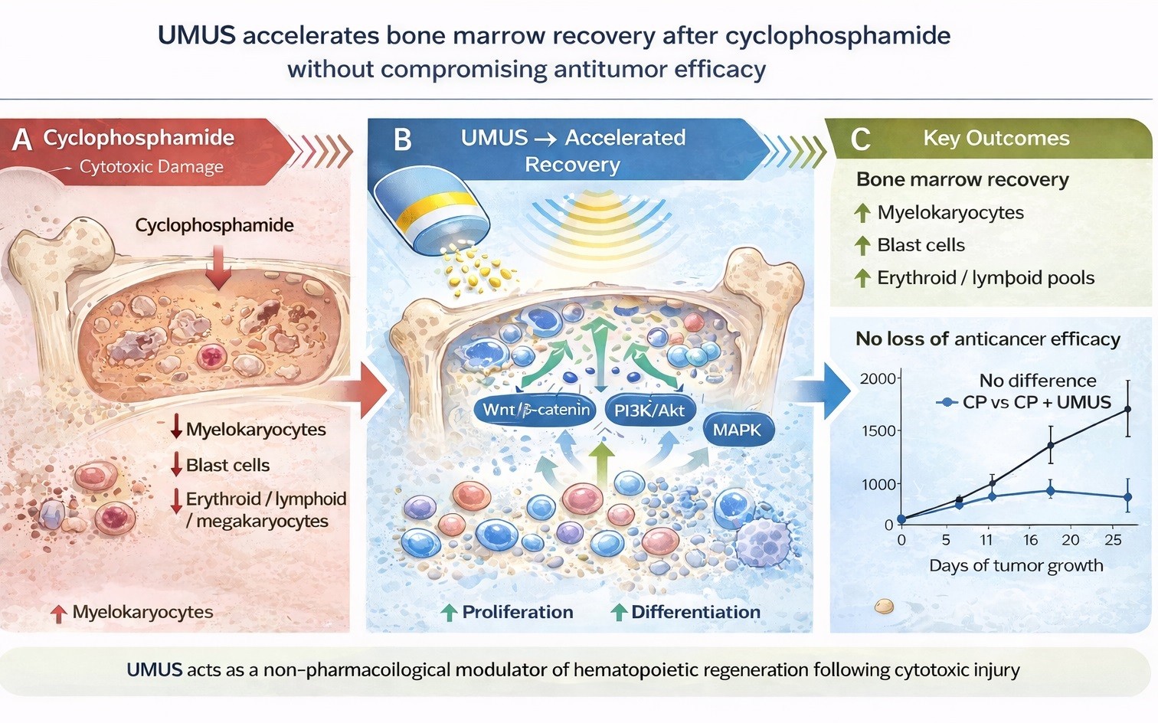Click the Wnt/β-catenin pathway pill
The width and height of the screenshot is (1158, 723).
tap(536, 410)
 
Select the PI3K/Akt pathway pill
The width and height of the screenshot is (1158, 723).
tap(649, 411)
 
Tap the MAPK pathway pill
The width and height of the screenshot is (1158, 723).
tap(737, 430)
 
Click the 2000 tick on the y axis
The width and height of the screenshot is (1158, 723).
tap(878, 378)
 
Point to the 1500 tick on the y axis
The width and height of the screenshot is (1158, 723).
tap(878, 431)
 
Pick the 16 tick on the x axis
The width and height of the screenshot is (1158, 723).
tap(1030, 540)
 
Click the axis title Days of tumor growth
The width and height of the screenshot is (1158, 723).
tap(1016, 566)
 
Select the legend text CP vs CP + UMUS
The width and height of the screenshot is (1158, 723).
tap(1036, 402)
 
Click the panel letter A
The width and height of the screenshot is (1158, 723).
tap(22, 140)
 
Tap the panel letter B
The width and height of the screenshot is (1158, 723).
tap(402, 140)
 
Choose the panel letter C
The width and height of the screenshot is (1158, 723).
tap(860, 139)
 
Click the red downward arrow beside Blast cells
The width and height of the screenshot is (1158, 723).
tap(176, 465)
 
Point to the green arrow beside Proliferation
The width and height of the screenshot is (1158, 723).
tap(450, 613)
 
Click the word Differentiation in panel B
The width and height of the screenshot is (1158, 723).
tap(695, 612)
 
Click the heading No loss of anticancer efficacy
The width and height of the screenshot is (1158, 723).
tap(987, 339)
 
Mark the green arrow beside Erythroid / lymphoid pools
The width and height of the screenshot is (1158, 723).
tap(862, 278)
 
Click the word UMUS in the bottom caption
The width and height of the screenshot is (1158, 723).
tap(154, 670)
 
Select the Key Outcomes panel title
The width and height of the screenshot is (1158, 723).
tap(996, 139)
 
